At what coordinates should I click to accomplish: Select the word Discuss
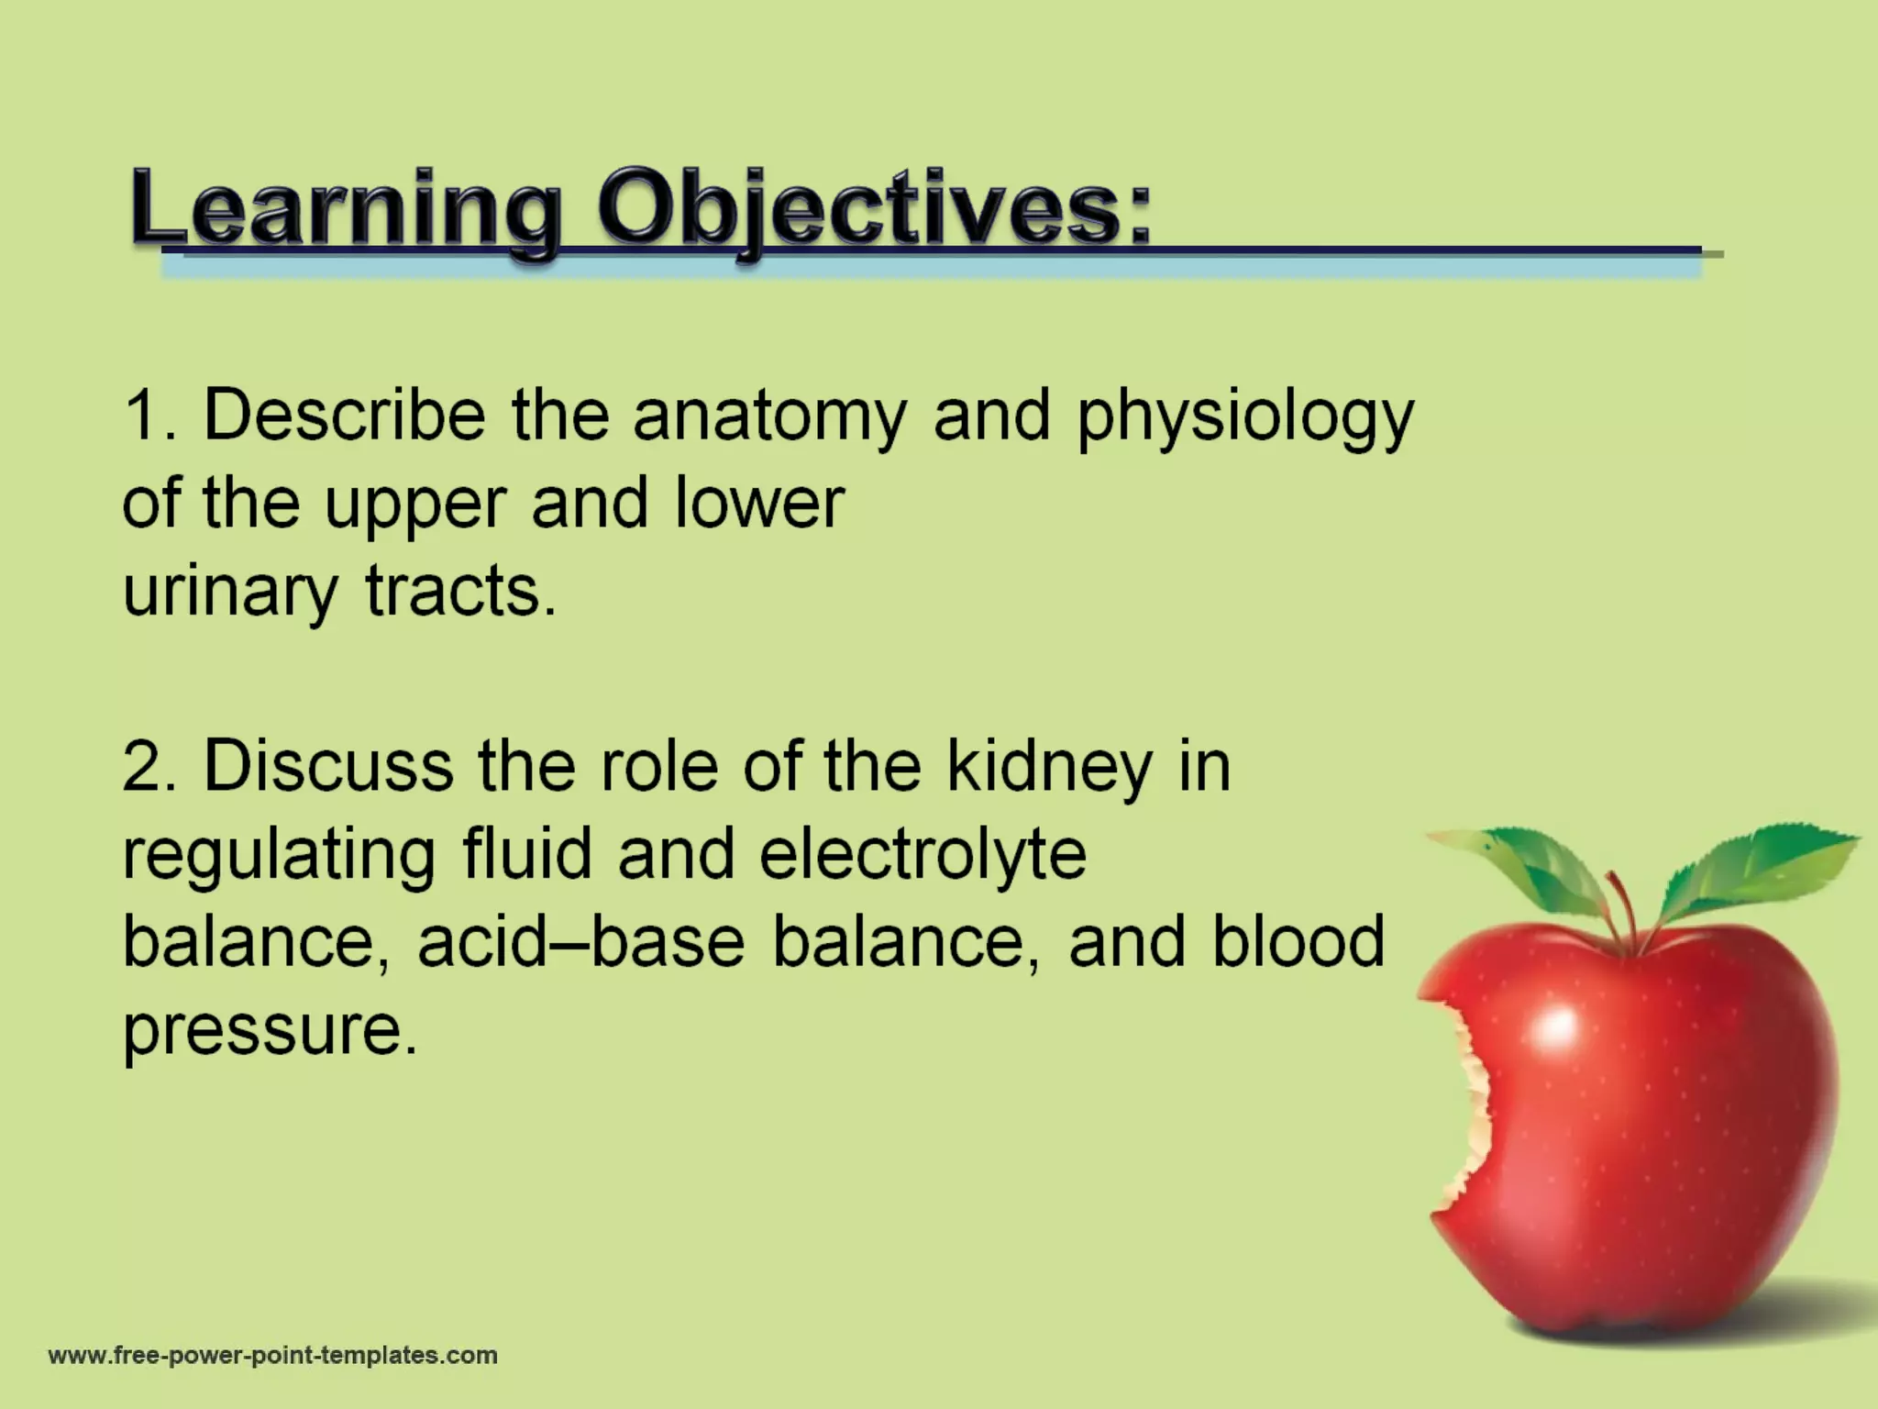pos(327,767)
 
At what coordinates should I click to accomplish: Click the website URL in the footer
pos(272,1356)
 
